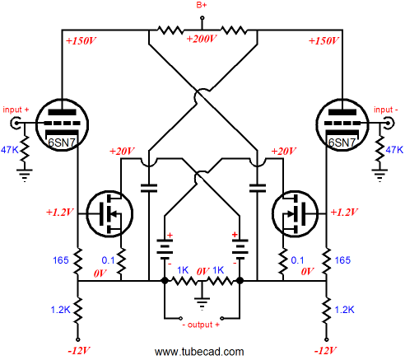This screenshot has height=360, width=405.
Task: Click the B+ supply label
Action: point(202,5)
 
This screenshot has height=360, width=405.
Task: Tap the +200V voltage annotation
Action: point(202,39)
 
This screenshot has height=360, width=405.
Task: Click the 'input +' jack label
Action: point(16,110)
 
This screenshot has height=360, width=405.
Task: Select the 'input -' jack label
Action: point(385,110)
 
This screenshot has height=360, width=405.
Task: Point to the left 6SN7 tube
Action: point(62,125)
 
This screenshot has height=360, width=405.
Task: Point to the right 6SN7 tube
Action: point(342,125)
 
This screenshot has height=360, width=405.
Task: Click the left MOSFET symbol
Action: point(109,213)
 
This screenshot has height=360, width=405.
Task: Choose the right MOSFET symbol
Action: point(296,213)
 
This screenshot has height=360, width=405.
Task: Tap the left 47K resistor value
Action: point(9,150)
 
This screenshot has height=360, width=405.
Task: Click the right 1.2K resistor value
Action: point(345,310)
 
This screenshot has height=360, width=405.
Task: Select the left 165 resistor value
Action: point(60,260)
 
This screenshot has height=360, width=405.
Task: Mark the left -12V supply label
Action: point(79,351)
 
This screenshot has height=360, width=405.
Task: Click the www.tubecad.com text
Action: point(199,352)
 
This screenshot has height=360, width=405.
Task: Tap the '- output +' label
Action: point(201,325)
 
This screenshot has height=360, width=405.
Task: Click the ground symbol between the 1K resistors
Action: point(202,302)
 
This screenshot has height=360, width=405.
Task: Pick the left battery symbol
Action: point(165,250)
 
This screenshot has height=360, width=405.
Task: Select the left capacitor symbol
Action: point(149,188)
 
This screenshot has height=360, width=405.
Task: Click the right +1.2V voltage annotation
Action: point(344,212)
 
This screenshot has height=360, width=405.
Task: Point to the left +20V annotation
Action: point(122,151)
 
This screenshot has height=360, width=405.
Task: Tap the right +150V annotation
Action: point(324,41)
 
